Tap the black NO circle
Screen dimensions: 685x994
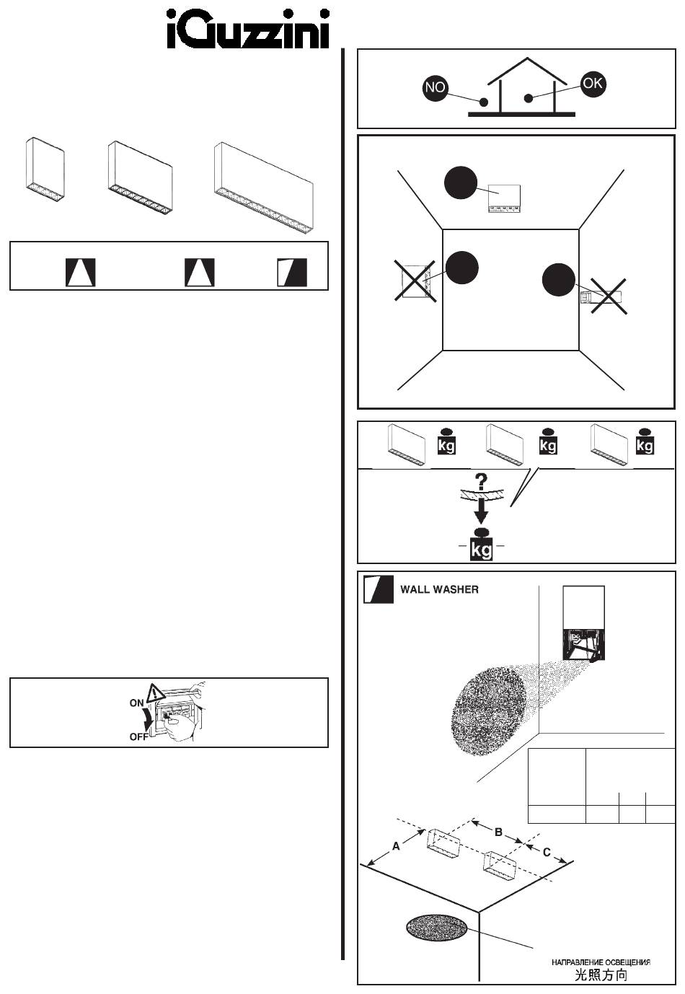click(x=436, y=88)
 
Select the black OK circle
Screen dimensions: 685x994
click(x=593, y=84)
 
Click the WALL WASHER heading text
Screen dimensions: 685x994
click(x=439, y=589)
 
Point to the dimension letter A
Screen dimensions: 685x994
click(x=395, y=847)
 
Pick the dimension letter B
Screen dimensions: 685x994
click(x=498, y=832)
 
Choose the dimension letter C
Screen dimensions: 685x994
click(x=547, y=852)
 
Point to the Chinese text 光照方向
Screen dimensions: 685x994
click(x=601, y=975)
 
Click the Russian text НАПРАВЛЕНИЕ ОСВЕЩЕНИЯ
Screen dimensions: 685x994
click(x=601, y=962)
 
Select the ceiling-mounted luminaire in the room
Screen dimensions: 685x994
click(x=505, y=198)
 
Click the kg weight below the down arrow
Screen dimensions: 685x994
click(x=481, y=545)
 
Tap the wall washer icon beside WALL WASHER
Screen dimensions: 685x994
click(x=379, y=589)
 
